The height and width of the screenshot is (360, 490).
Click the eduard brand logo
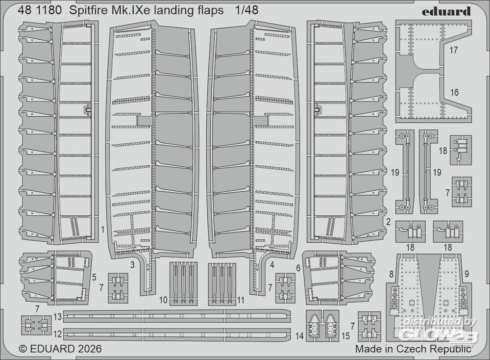(446, 12)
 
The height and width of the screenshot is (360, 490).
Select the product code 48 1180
(40, 10)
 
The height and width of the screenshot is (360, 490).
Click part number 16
(454, 92)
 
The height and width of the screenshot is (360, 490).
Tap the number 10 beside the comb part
(163, 300)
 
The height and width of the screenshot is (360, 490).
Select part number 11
(240, 300)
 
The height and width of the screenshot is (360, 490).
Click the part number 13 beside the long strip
(58, 317)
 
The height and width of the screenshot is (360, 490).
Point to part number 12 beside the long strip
(58, 334)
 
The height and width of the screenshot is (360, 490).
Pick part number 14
(299, 336)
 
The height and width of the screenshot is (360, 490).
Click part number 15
(345, 336)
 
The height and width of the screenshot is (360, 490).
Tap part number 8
(391, 275)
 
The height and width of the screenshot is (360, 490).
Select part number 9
(467, 274)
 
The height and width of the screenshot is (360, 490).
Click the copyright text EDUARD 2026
(60, 348)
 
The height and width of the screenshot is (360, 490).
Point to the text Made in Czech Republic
(413, 349)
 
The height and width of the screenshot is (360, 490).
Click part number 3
(132, 265)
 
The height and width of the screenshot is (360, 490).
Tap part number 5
(94, 277)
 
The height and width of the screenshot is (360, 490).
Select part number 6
(298, 268)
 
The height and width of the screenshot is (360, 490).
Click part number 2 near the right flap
(388, 222)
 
